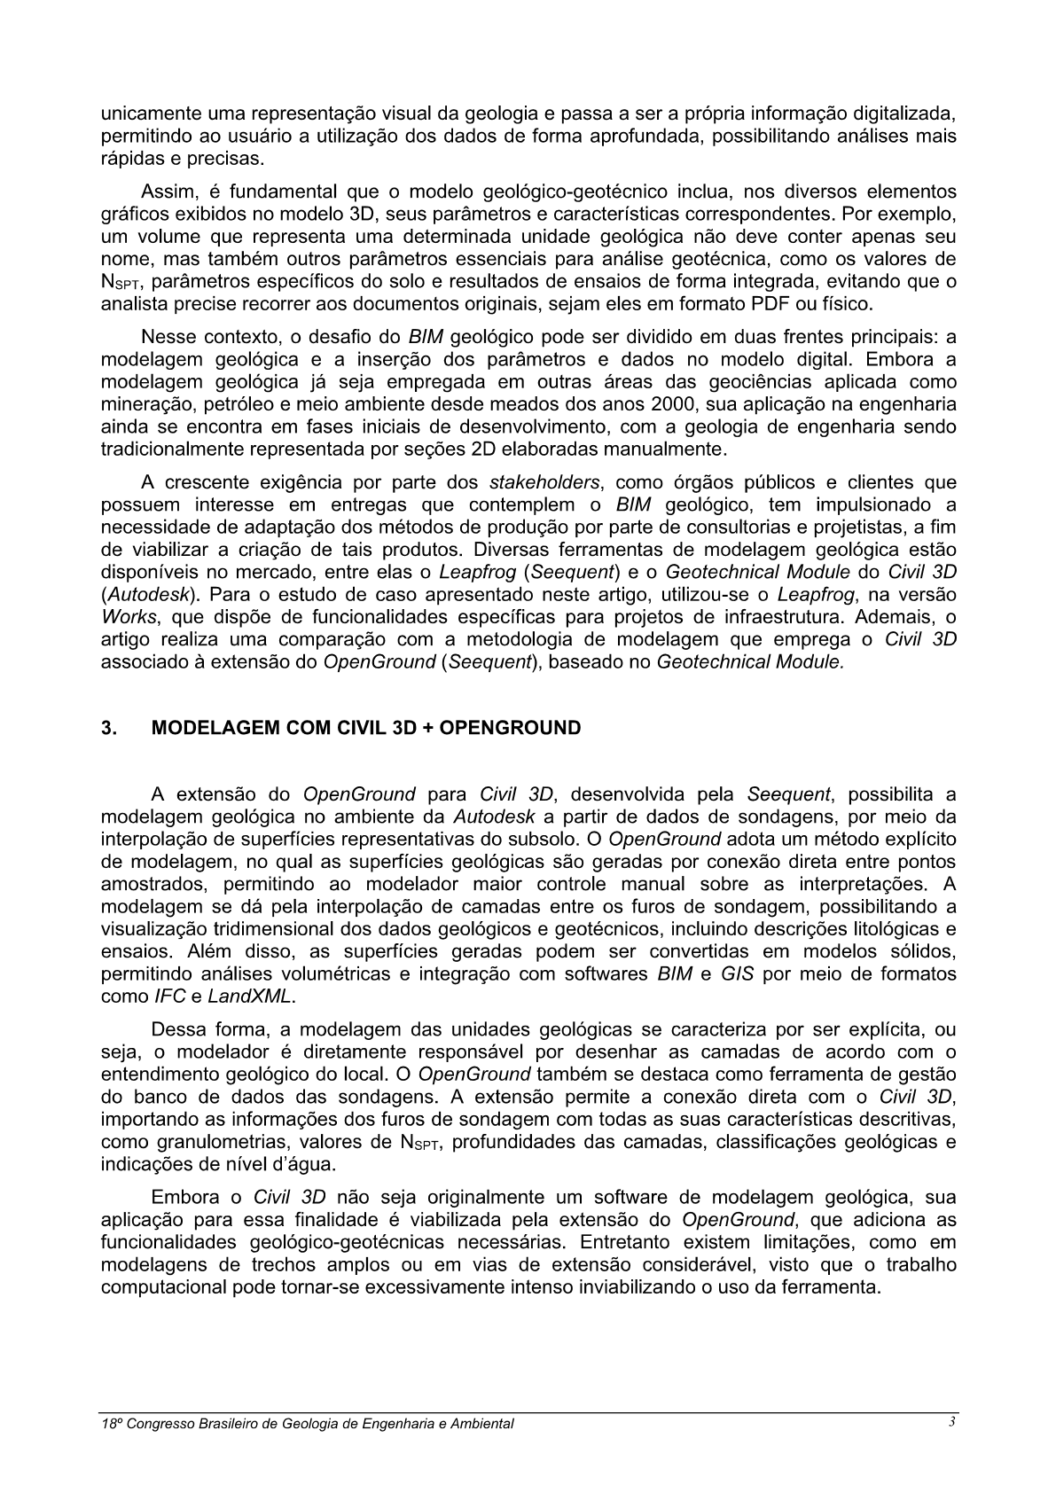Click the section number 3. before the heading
(107, 729)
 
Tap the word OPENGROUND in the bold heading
(510, 729)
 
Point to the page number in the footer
(950, 1422)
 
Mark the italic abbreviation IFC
(169, 997)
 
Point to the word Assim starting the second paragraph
(166, 192)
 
